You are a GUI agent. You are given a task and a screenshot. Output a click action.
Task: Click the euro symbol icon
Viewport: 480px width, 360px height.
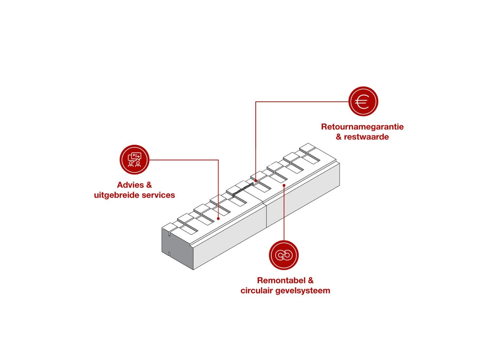pos(363,101)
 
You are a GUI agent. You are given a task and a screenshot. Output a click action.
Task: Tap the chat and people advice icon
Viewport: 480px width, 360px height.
pos(134,159)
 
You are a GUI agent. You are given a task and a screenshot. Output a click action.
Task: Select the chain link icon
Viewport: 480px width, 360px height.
pos(284,255)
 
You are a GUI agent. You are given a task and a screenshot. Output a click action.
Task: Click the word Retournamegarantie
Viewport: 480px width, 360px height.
pos(362,127)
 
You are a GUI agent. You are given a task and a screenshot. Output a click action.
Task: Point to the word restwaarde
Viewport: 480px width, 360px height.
pos(366,137)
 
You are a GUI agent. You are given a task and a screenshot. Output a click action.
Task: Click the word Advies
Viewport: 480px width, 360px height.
pos(130,185)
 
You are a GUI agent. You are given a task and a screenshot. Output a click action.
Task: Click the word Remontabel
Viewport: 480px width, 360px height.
pos(281,280)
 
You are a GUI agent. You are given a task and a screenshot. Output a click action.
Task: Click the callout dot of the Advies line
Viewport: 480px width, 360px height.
pos(218,218)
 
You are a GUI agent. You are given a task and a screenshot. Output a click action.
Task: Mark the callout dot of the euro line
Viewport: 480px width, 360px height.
pos(256,181)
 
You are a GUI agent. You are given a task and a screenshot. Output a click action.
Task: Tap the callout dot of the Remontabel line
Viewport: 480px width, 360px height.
pos(284,186)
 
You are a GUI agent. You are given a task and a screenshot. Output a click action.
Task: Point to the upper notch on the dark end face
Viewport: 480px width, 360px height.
pos(169,233)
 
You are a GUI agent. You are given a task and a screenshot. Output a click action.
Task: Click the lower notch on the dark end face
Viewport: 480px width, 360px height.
pos(169,254)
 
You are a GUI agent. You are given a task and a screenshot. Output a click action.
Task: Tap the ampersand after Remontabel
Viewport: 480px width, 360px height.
pos(310,280)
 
